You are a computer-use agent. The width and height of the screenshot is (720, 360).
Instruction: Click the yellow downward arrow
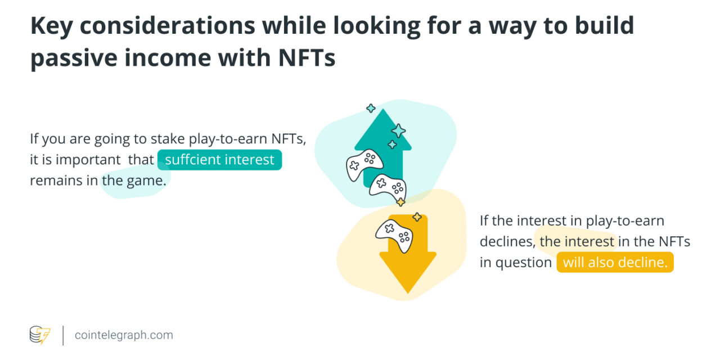[x=408, y=264]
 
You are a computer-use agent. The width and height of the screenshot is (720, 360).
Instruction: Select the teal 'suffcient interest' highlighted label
[x=219, y=160]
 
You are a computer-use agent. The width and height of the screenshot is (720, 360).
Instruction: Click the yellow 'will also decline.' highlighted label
[x=615, y=263]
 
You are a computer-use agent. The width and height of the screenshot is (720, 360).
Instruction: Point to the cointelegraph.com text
[x=124, y=335]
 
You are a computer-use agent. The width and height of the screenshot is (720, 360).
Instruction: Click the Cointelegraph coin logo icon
[x=40, y=335]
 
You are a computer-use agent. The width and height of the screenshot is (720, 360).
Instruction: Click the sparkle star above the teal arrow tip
[x=371, y=108]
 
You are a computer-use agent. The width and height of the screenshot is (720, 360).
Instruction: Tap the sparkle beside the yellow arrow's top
[x=417, y=217]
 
